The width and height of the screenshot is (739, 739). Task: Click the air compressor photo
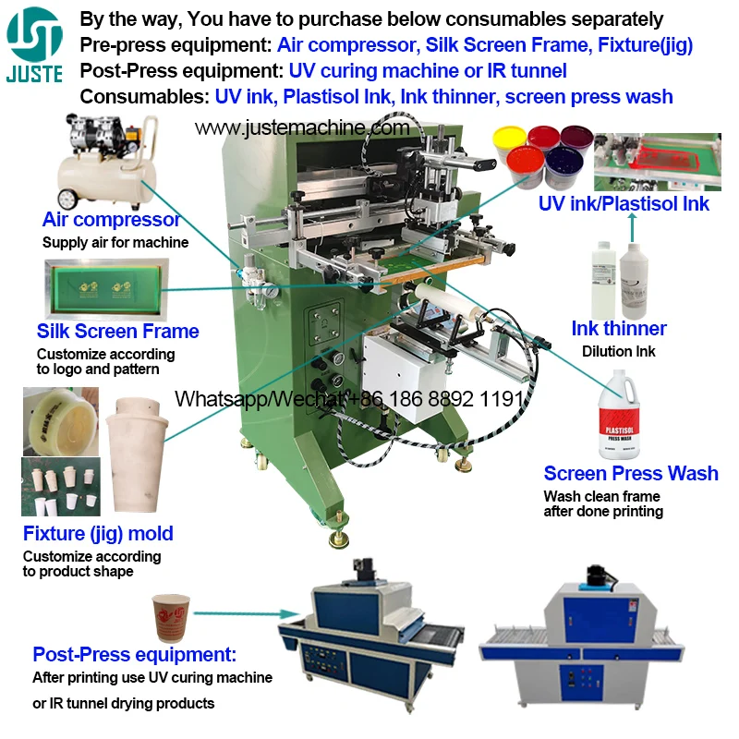pos(102,162)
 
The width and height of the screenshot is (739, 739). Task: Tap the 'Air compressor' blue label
pos(111,220)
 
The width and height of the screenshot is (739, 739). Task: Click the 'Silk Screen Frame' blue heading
pos(117,331)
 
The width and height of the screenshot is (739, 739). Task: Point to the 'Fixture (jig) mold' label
pos(98,533)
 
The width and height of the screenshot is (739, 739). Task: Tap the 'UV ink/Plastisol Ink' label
pos(624,204)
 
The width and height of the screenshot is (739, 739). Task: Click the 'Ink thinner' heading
pos(618,328)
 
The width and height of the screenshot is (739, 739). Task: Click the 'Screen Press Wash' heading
pos(630,473)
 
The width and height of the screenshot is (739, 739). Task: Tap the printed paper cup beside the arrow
pos(171,617)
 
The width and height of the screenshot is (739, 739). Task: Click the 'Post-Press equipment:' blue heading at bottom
pos(135,655)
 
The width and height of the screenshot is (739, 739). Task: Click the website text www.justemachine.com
pos(301,127)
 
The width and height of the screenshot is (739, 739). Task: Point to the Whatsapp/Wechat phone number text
pos(350,398)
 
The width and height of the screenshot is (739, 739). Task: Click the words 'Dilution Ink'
pos(618,351)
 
